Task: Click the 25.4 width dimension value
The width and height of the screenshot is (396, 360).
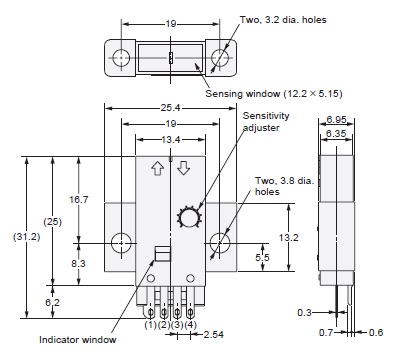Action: point(171,108)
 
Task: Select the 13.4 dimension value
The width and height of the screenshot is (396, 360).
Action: point(171,140)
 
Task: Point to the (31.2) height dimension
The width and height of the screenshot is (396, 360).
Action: point(27,237)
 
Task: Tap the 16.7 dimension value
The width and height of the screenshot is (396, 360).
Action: point(79,200)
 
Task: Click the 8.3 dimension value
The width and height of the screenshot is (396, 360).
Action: point(78,263)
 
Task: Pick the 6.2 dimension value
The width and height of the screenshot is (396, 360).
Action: point(52,302)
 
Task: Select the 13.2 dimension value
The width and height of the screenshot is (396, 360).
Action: point(289,238)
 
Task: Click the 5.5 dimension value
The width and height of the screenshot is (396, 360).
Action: point(262,257)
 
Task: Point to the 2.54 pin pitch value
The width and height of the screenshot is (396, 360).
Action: point(213,334)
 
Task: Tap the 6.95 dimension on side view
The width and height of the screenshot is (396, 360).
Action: point(336,119)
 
